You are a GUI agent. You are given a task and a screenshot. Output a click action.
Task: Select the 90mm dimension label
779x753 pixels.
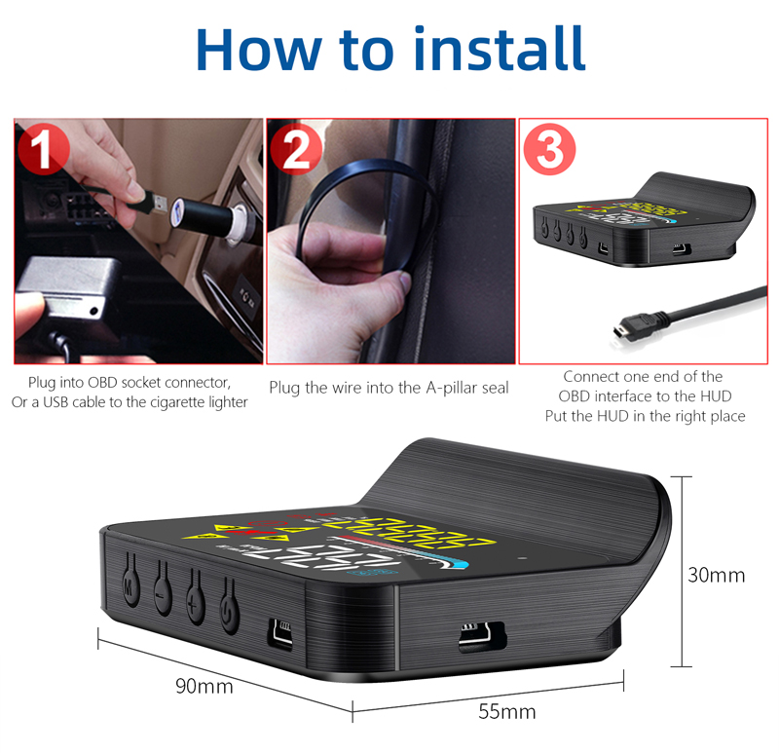(x=204, y=686)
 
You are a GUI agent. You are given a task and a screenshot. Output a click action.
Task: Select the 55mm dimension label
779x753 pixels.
(x=506, y=711)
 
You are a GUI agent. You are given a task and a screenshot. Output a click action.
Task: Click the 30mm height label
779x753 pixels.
(x=716, y=575)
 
